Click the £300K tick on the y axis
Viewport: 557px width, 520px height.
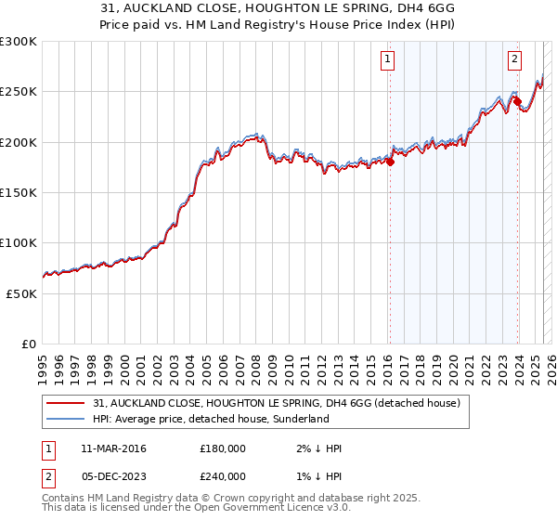[x=19, y=42]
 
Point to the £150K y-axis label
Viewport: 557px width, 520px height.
[x=19, y=193]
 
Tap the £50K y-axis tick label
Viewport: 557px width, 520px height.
[x=21, y=293]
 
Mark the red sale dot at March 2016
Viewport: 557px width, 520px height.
[x=390, y=162]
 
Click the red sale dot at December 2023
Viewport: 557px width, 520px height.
[x=517, y=101]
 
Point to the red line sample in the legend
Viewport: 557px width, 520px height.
[x=66, y=404]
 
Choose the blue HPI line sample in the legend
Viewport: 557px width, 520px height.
[x=66, y=419]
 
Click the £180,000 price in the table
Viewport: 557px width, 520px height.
[x=223, y=448]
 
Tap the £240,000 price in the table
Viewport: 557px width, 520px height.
[x=223, y=474]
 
